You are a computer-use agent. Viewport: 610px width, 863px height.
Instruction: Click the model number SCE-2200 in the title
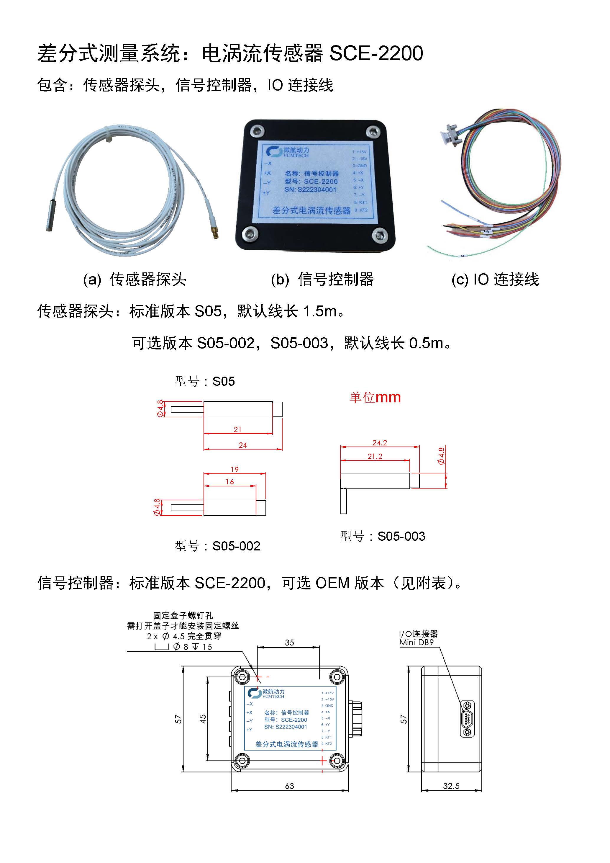click(x=376, y=53)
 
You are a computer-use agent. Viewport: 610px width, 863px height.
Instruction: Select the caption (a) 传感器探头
click(x=135, y=279)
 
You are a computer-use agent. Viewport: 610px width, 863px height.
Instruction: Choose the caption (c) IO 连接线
click(x=495, y=279)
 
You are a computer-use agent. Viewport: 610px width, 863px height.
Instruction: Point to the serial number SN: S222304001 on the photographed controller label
click(x=310, y=190)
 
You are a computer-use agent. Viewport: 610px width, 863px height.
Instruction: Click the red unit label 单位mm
click(x=375, y=397)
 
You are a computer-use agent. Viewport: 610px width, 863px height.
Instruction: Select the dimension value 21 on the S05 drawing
click(x=237, y=429)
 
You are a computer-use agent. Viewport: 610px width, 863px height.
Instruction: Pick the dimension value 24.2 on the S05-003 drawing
click(x=379, y=443)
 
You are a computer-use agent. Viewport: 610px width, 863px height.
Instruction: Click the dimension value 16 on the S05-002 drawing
click(x=229, y=481)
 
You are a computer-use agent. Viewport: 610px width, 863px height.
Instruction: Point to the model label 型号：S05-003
click(x=382, y=536)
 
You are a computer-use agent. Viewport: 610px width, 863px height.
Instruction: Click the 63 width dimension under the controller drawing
click(x=289, y=786)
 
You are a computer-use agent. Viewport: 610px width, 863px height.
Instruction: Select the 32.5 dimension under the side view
click(x=451, y=786)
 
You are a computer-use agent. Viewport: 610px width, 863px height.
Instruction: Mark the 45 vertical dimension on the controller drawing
click(x=203, y=719)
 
